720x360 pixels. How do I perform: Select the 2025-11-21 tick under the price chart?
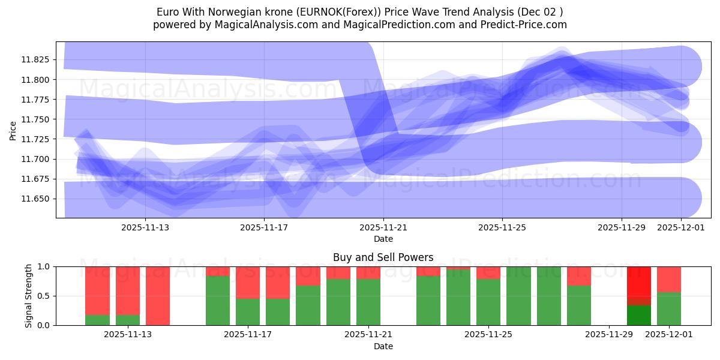click(383, 227)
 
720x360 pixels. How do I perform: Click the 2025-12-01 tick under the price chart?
click(680, 227)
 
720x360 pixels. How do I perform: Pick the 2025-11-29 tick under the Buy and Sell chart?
click(608, 334)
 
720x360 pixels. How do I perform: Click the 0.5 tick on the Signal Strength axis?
click(44, 296)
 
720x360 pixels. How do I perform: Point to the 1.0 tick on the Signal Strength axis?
click(44, 266)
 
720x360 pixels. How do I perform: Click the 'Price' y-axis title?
click(13, 130)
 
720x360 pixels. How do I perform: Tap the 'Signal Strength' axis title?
click(29, 296)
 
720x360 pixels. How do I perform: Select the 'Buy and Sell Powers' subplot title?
click(383, 257)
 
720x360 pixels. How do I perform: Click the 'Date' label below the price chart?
click(383, 239)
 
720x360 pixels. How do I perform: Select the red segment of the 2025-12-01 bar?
click(669, 279)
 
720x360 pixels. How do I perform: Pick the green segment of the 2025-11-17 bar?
click(248, 312)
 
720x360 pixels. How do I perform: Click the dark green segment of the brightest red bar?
click(638, 315)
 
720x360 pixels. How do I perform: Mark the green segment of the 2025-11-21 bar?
click(368, 302)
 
